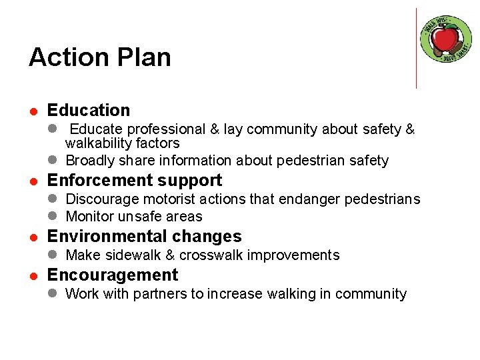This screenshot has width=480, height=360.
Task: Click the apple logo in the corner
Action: pyautogui.click(x=446, y=38)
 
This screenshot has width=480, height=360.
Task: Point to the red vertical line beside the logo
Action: pyautogui.click(x=416, y=48)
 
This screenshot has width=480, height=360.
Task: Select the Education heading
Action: pyautogui.click(x=89, y=110)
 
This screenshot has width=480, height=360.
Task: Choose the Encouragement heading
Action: pyautogui.click(x=113, y=275)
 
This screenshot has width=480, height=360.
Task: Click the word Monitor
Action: pyautogui.click(x=90, y=217)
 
